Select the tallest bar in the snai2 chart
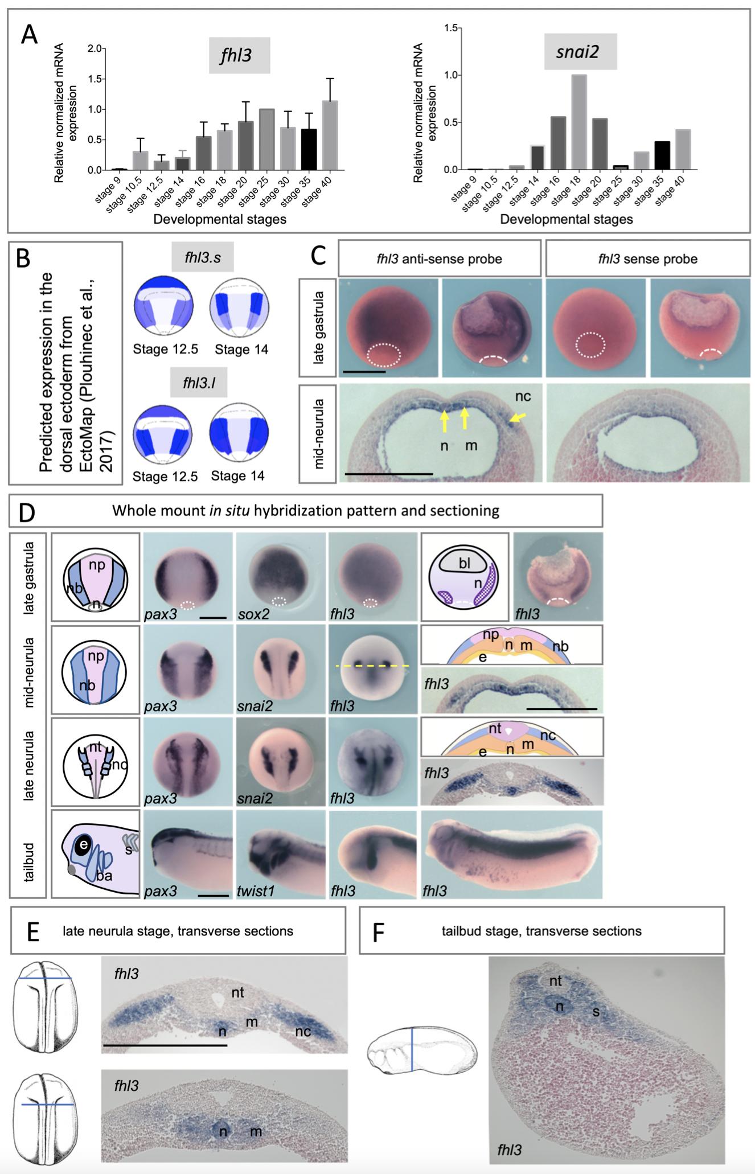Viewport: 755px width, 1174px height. pos(578,122)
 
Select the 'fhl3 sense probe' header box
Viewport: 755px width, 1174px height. pos(647,259)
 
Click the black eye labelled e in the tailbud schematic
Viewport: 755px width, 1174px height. pos(83,845)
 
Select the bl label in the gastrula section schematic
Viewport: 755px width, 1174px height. pos(465,564)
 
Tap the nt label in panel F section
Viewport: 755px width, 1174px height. pos(555,981)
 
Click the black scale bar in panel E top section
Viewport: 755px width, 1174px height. pos(165,1045)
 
